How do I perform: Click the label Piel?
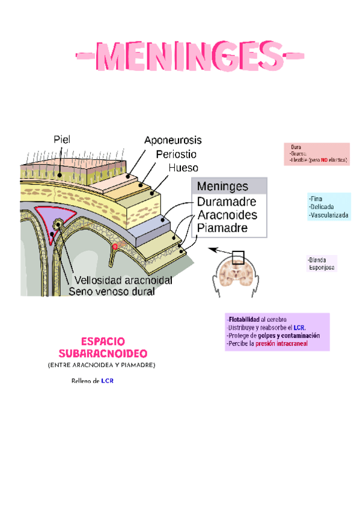pos(61,140)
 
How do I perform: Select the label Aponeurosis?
pos(172,140)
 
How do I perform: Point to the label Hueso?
pos(183,168)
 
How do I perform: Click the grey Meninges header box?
pos(228,186)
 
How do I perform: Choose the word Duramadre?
pos(227,201)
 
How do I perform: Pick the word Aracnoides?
pos(227,215)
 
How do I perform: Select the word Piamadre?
pos(222,229)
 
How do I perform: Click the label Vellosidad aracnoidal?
pos(123,280)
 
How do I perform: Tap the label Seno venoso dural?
pos(111,292)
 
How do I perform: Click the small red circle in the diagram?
pos(115,247)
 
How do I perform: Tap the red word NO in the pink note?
pos(323,161)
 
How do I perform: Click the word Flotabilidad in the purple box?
pos(243,319)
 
